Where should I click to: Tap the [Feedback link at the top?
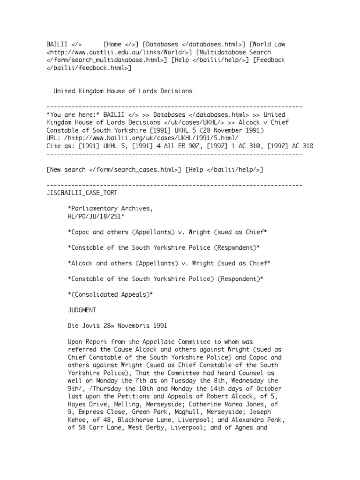click(269, 60)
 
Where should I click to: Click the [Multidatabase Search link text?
click(230, 52)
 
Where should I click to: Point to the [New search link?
click(66, 169)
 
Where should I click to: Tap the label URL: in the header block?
click(55, 138)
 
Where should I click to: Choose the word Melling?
click(127, 404)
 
